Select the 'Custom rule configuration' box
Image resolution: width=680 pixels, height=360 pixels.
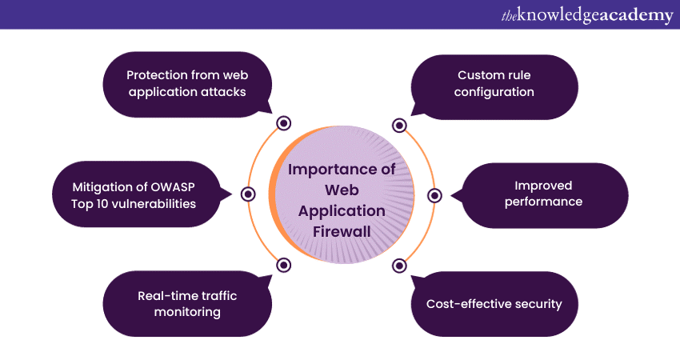click(x=494, y=83)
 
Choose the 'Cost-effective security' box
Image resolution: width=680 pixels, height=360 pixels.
click(x=494, y=303)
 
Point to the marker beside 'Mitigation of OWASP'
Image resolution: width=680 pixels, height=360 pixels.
click(x=247, y=194)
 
